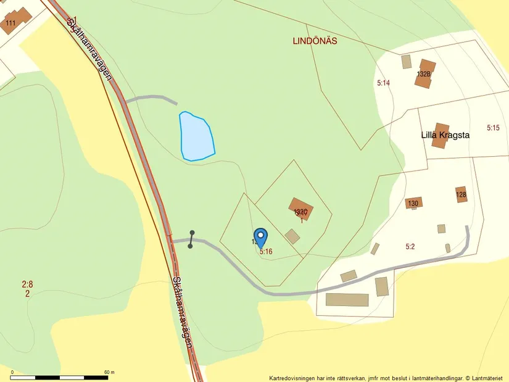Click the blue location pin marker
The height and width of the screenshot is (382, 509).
261,237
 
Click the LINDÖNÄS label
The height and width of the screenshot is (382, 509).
315,41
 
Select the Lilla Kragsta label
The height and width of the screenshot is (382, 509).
445,135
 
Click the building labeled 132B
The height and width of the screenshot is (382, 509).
424,73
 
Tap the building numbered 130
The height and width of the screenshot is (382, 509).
413,203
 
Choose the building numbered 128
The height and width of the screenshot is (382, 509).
461,194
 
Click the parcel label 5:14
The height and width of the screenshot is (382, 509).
384,82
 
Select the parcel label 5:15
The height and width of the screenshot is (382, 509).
492,128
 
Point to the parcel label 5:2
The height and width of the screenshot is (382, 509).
410,246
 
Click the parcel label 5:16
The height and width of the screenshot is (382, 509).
266,252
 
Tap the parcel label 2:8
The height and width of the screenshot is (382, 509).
27,284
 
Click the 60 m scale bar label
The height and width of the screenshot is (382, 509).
110,372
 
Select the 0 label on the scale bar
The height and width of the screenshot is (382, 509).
12,372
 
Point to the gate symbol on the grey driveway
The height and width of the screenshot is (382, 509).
191,239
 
